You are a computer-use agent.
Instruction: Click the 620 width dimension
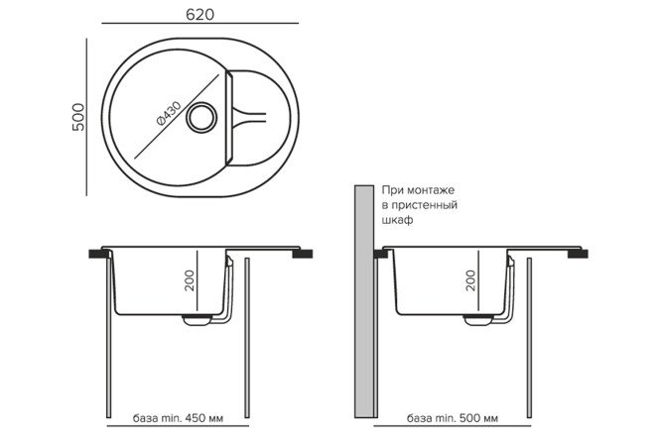click(x=200, y=15)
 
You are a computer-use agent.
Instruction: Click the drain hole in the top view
click(x=205, y=116)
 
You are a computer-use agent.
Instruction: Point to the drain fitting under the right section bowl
click(x=477, y=319)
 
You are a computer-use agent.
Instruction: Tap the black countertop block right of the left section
click(x=299, y=254)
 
